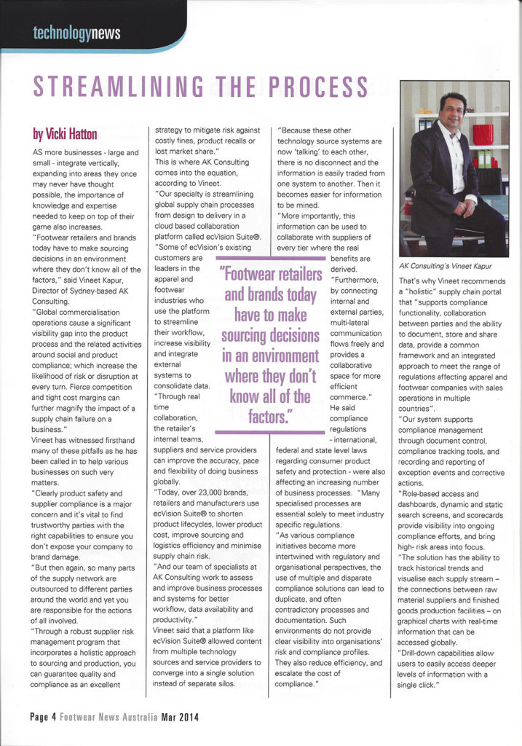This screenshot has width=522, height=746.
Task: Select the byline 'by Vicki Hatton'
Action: (66, 133)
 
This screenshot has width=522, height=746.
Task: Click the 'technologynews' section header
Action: (76, 33)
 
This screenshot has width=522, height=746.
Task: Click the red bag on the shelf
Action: (483, 134)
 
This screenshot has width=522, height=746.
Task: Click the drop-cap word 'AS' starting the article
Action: (40, 153)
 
